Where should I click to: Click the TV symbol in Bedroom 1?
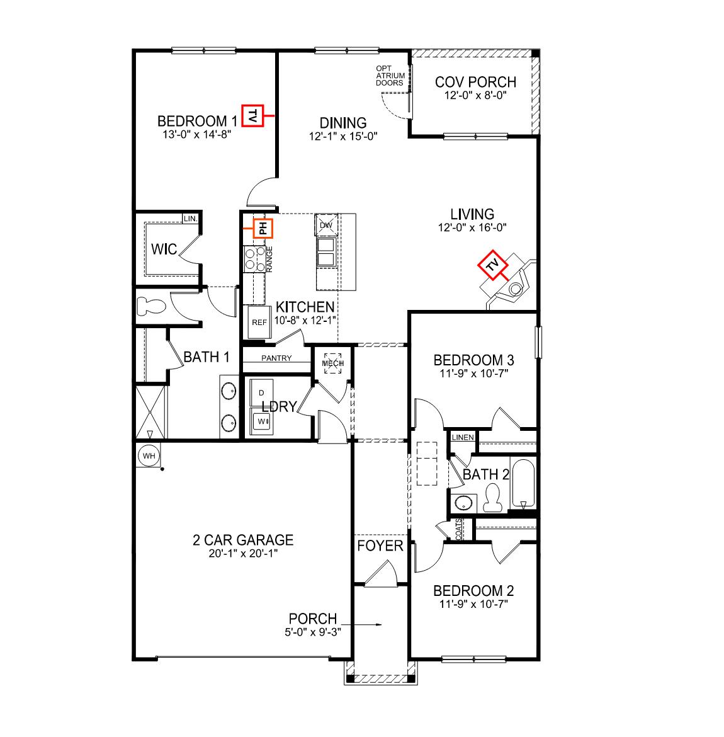click(252, 116)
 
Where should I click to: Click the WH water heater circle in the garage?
click(149, 455)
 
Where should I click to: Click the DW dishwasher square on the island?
click(326, 225)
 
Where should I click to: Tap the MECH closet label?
click(332, 363)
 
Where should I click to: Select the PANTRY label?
click(276, 358)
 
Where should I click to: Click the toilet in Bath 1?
click(150, 306)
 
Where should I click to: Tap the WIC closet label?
click(164, 249)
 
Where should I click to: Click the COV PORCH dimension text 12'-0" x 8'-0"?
click(476, 95)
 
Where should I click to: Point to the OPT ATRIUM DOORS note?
click(390, 76)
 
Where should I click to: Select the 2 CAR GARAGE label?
click(243, 540)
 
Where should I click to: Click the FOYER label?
click(380, 546)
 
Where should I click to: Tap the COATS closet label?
click(458, 528)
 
